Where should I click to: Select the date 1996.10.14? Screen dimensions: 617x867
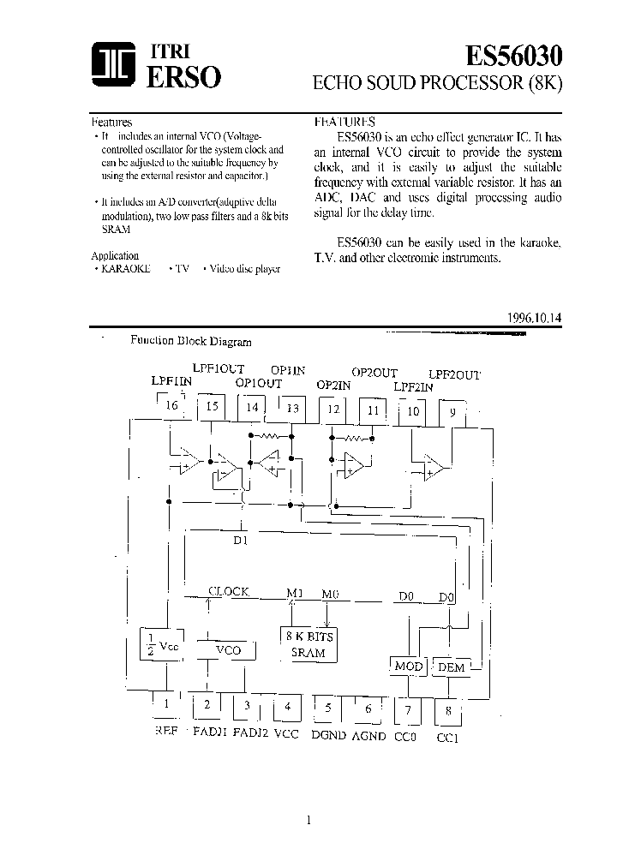[535, 317]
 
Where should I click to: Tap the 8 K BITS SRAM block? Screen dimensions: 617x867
[308, 644]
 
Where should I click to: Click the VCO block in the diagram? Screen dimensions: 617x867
[228, 650]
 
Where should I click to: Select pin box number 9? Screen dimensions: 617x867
[452, 411]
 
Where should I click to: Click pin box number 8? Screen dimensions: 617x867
[447, 710]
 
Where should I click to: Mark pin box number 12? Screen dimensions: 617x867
[333, 410]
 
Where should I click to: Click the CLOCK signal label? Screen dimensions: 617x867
[229, 591]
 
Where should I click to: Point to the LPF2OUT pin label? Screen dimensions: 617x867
[454, 374]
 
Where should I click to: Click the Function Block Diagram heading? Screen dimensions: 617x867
[190, 341]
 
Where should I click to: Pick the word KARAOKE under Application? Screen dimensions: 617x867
[126, 268]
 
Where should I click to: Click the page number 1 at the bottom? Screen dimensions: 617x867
[308, 820]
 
